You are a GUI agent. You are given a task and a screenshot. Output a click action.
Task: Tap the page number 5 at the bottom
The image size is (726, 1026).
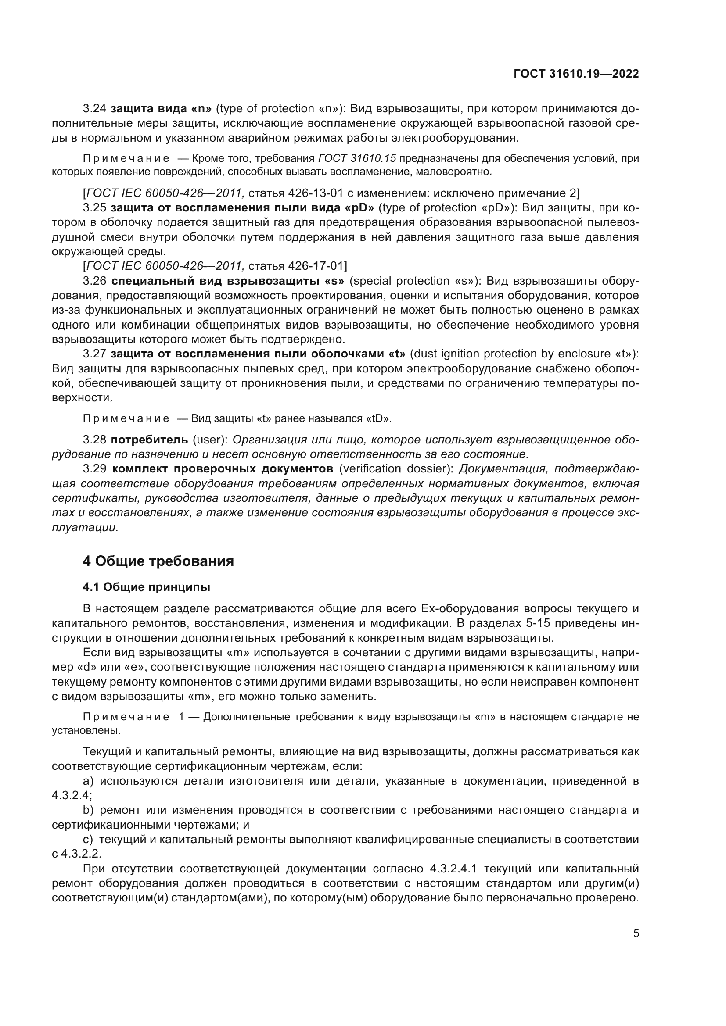(x=636, y=933)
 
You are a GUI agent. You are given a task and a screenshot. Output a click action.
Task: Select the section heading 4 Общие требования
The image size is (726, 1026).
(x=158, y=561)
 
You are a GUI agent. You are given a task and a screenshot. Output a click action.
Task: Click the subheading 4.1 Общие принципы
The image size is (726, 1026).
(x=146, y=587)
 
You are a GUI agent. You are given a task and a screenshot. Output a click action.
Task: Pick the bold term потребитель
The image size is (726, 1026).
(x=149, y=440)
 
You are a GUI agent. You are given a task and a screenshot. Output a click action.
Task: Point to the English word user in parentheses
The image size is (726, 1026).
(x=210, y=440)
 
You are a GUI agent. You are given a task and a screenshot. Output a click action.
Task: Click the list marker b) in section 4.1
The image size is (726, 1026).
(x=88, y=810)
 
